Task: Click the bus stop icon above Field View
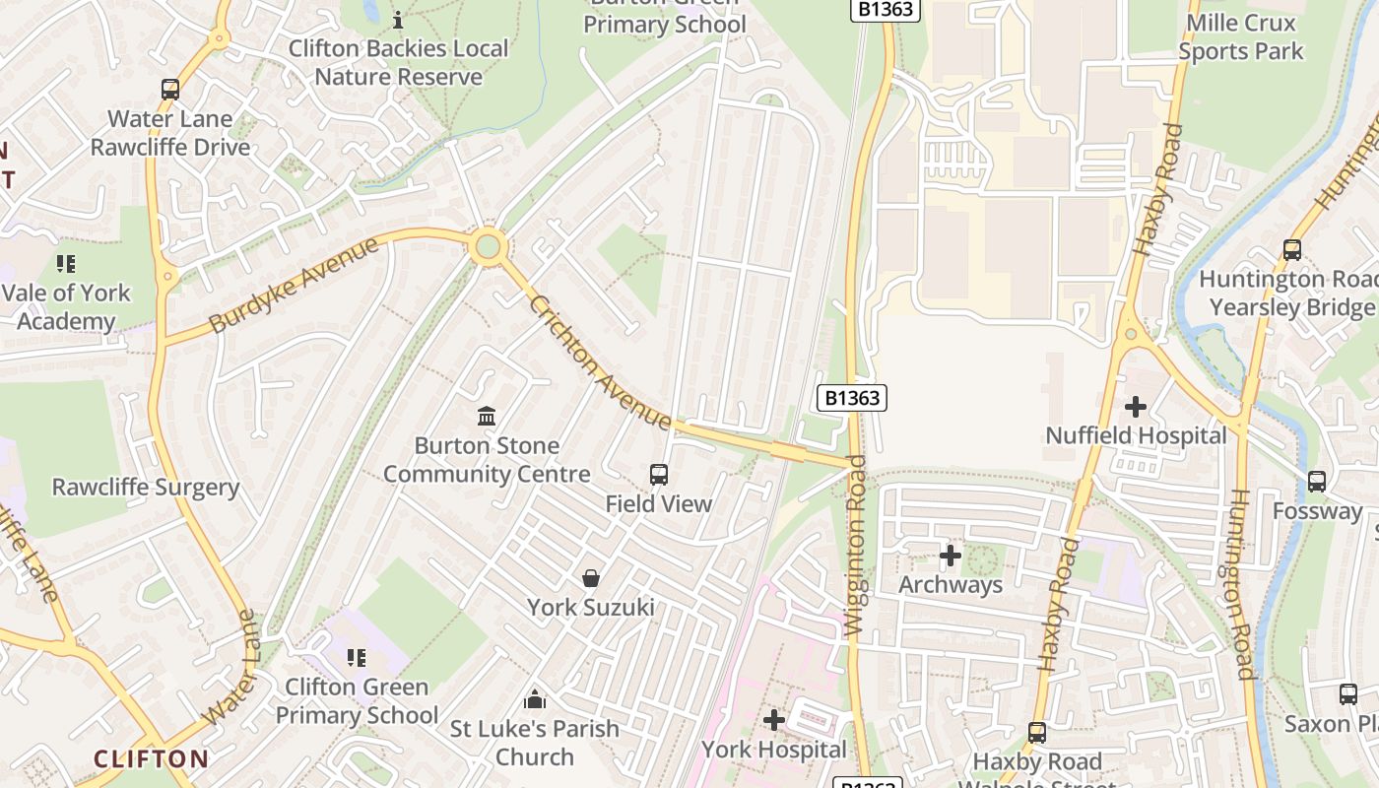[x=659, y=475]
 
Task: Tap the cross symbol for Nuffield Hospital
[x=1136, y=406]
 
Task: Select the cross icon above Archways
[x=951, y=556]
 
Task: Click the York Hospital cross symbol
[x=774, y=720]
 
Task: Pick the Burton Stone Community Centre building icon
[x=487, y=417]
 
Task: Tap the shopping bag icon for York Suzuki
[x=591, y=578]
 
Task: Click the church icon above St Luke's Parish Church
[x=535, y=699]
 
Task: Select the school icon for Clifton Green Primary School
[x=357, y=657]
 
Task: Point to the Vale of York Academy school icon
[x=66, y=264]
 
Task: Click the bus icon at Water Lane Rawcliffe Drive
[x=170, y=90]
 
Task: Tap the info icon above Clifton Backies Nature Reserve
[x=398, y=20]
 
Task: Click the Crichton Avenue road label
[x=600, y=361]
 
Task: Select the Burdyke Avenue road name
[x=294, y=285]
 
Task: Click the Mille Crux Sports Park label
[x=1240, y=37]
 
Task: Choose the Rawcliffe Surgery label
[x=146, y=488]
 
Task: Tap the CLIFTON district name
[x=151, y=758]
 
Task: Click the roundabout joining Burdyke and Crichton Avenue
[x=488, y=246]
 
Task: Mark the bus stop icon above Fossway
[x=1317, y=482]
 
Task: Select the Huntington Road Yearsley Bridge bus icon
[x=1292, y=250]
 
